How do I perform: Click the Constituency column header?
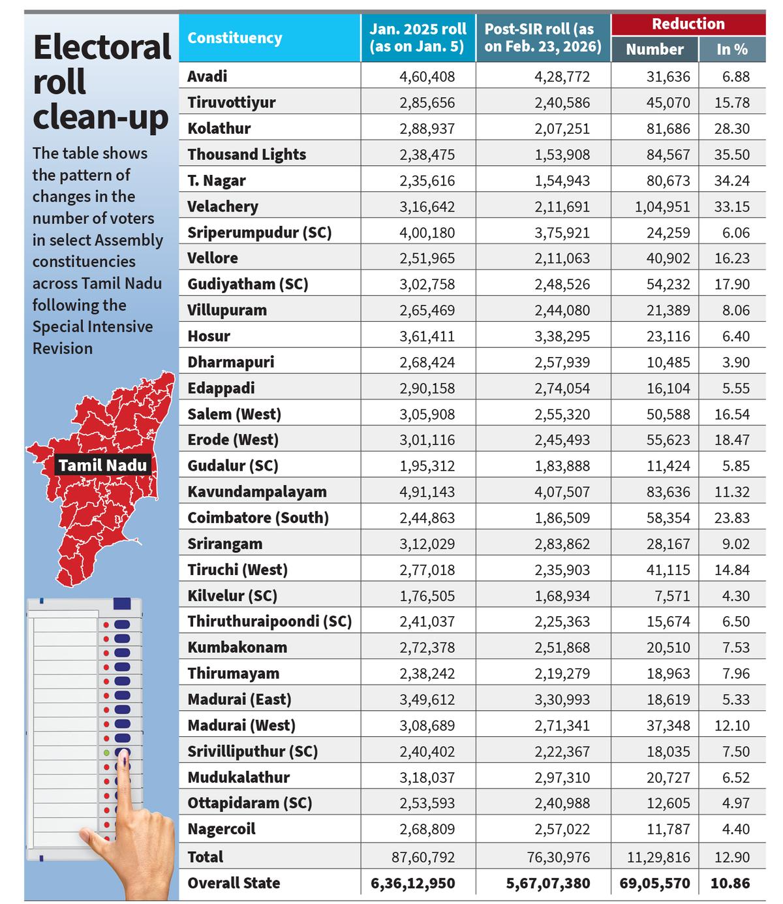(235, 39)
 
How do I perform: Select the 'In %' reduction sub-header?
(731, 49)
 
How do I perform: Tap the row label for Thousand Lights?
(247, 155)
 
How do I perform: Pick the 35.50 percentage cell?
(731, 155)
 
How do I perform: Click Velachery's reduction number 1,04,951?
(662, 207)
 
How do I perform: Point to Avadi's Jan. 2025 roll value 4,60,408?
(427, 76)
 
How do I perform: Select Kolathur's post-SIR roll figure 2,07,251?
(562, 129)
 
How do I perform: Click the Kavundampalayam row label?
(257, 491)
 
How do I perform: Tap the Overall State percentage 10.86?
(730, 883)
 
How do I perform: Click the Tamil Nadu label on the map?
(103, 465)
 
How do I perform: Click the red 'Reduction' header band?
(688, 24)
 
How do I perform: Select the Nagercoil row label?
(221, 830)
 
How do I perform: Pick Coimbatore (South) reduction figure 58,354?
(668, 518)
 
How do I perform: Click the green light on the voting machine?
(106, 753)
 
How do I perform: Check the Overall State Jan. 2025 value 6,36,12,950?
(412, 883)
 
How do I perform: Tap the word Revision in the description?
(63, 349)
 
